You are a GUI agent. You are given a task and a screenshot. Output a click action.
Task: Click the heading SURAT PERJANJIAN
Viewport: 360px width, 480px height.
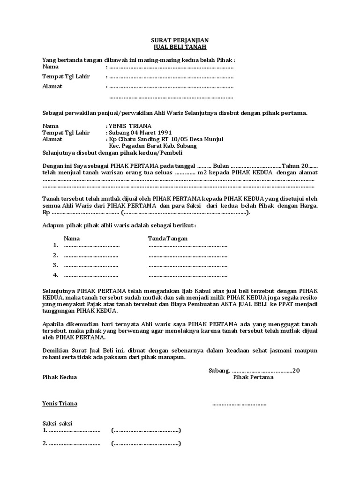point(180,40)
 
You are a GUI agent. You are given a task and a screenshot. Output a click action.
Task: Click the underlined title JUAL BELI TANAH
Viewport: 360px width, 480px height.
point(180,47)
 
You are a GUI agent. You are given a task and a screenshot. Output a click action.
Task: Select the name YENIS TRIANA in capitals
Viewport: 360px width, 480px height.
point(130,126)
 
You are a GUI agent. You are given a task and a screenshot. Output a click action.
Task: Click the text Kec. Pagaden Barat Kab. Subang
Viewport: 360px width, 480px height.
point(153,146)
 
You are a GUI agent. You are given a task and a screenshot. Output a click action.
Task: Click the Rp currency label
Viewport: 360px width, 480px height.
point(45,212)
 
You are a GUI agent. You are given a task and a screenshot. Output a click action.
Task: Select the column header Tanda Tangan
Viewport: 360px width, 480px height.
point(168,239)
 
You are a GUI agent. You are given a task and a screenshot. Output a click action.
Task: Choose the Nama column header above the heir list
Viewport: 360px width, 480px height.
point(72,239)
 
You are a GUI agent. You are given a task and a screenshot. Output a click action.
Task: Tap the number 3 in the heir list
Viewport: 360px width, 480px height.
point(55,265)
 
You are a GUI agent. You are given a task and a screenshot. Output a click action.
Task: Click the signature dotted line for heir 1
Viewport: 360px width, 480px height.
point(187,246)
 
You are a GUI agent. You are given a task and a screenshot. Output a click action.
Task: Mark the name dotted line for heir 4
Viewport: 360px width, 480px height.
point(91,275)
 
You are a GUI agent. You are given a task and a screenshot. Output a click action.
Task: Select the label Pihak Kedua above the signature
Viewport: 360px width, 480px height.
point(60,377)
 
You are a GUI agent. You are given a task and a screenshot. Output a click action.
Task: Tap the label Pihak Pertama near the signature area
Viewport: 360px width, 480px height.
point(253,377)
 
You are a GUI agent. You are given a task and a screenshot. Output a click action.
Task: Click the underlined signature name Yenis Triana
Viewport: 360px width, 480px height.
point(60,404)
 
